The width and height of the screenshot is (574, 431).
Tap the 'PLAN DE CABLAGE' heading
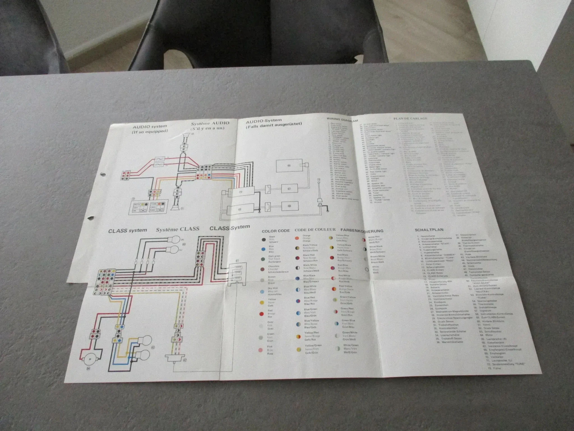tap(410, 118)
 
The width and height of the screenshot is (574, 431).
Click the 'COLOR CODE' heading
tap(276, 231)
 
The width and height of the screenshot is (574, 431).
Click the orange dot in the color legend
tap(297, 239)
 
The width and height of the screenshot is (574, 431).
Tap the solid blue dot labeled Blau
tap(263, 249)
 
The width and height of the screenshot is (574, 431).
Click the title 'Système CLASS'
tap(177, 229)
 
